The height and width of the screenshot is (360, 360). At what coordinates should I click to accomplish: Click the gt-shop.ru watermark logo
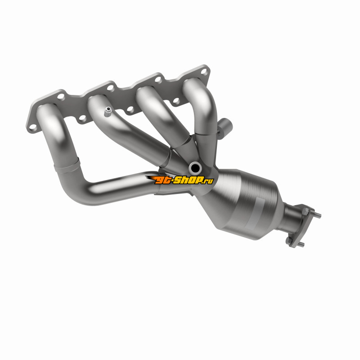pos(180,180)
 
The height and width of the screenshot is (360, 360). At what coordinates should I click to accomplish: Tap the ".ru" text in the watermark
pos(208,181)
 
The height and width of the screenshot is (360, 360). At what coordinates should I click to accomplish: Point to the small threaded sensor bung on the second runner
pos(108,112)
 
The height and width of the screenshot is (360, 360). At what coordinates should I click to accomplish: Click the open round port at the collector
pos(195,168)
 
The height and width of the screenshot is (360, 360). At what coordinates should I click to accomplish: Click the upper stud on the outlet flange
pos(317,215)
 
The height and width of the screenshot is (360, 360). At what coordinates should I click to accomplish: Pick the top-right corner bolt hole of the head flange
pos(204,72)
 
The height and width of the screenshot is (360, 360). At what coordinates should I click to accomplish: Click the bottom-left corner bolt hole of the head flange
pos(33,127)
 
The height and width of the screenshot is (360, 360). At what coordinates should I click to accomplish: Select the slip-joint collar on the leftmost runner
pos(67,166)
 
